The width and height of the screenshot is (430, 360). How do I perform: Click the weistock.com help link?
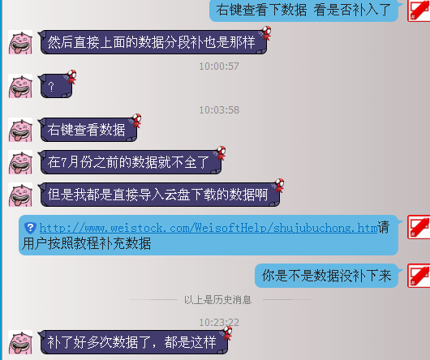[209, 228]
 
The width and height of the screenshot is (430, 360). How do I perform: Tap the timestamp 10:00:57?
[219, 66]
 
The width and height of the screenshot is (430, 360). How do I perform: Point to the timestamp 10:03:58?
[219, 110]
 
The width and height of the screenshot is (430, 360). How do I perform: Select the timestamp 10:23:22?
[219, 323]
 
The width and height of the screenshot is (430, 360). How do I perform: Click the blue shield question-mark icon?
[30, 228]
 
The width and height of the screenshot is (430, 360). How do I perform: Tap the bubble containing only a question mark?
[56, 86]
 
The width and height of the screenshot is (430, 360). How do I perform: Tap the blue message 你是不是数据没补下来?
[326, 276]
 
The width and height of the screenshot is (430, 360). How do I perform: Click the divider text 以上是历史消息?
[217, 300]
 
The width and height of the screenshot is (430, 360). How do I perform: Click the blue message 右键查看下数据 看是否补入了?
[303, 11]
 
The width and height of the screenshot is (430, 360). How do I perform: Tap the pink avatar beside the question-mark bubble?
[20, 86]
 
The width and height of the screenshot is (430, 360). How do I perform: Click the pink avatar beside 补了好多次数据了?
[20, 342]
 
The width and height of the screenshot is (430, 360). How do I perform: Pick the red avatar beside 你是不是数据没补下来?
[419, 276]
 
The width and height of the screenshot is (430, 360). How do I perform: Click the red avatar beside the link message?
[419, 227]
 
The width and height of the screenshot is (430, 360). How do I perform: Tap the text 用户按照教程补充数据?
[86, 243]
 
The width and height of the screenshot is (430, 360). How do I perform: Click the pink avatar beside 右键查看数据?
[20, 130]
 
